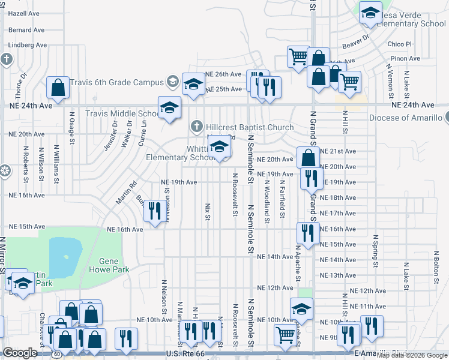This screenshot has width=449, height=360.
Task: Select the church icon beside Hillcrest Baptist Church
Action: (x=196, y=127)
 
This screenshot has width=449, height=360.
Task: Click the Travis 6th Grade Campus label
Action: (x=116, y=82)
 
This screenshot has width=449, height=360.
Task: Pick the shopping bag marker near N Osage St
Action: (x=58, y=88)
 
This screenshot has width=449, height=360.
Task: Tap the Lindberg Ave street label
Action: (x=28, y=45)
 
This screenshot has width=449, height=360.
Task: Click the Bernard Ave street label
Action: (x=26, y=29)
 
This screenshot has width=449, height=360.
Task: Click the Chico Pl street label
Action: (x=400, y=44)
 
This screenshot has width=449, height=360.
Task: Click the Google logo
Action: (x=20, y=353)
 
